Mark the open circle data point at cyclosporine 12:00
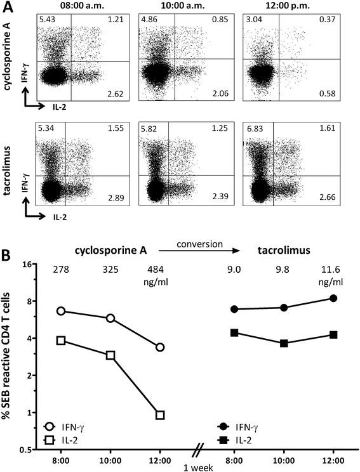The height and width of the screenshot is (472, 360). coord(160,347)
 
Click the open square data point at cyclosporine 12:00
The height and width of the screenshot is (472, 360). coord(160,415)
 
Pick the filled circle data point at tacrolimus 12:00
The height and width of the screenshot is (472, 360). coord(333,298)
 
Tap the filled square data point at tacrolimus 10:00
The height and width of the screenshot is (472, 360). coord(284,343)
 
